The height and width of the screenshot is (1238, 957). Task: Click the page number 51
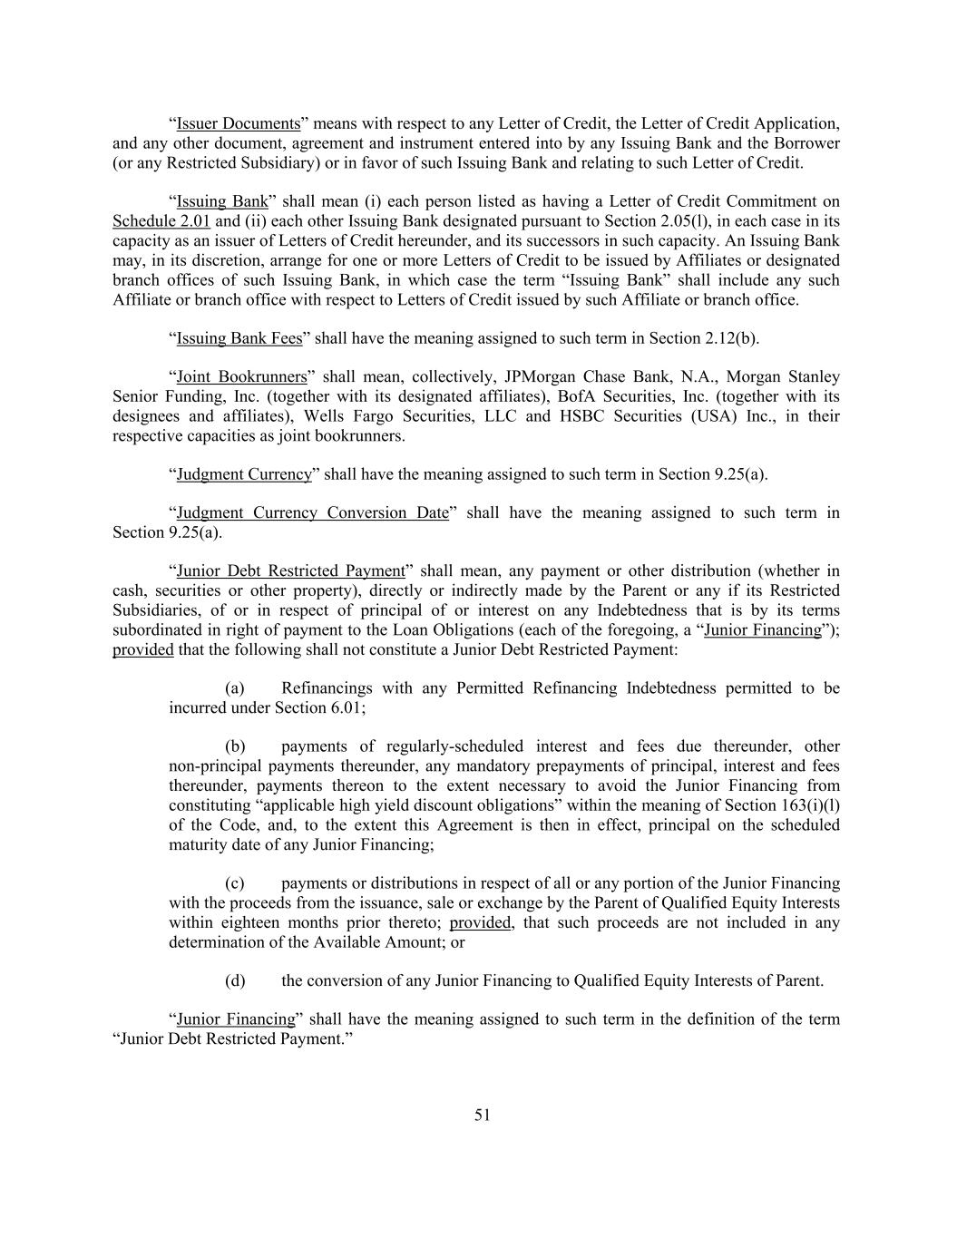coord(482,1116)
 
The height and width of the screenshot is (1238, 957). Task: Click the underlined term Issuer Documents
coord(238,123)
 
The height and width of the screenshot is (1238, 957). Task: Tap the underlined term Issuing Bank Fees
coord(239,338)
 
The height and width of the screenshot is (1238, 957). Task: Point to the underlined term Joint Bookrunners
coord(241,376)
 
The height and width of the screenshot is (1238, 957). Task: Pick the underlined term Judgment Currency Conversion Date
coord(312,512)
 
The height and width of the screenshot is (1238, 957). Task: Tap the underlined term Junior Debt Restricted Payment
coord(290,570)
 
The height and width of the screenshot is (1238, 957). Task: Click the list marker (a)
coord(235,688)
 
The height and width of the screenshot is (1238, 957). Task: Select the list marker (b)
coord(235,746)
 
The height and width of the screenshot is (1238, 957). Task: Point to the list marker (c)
coord(235,883)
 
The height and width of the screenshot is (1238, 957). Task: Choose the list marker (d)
coord(235,980)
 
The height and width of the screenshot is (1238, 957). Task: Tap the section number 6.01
coord(346,707)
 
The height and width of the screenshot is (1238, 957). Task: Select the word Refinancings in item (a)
coord(326,688)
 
